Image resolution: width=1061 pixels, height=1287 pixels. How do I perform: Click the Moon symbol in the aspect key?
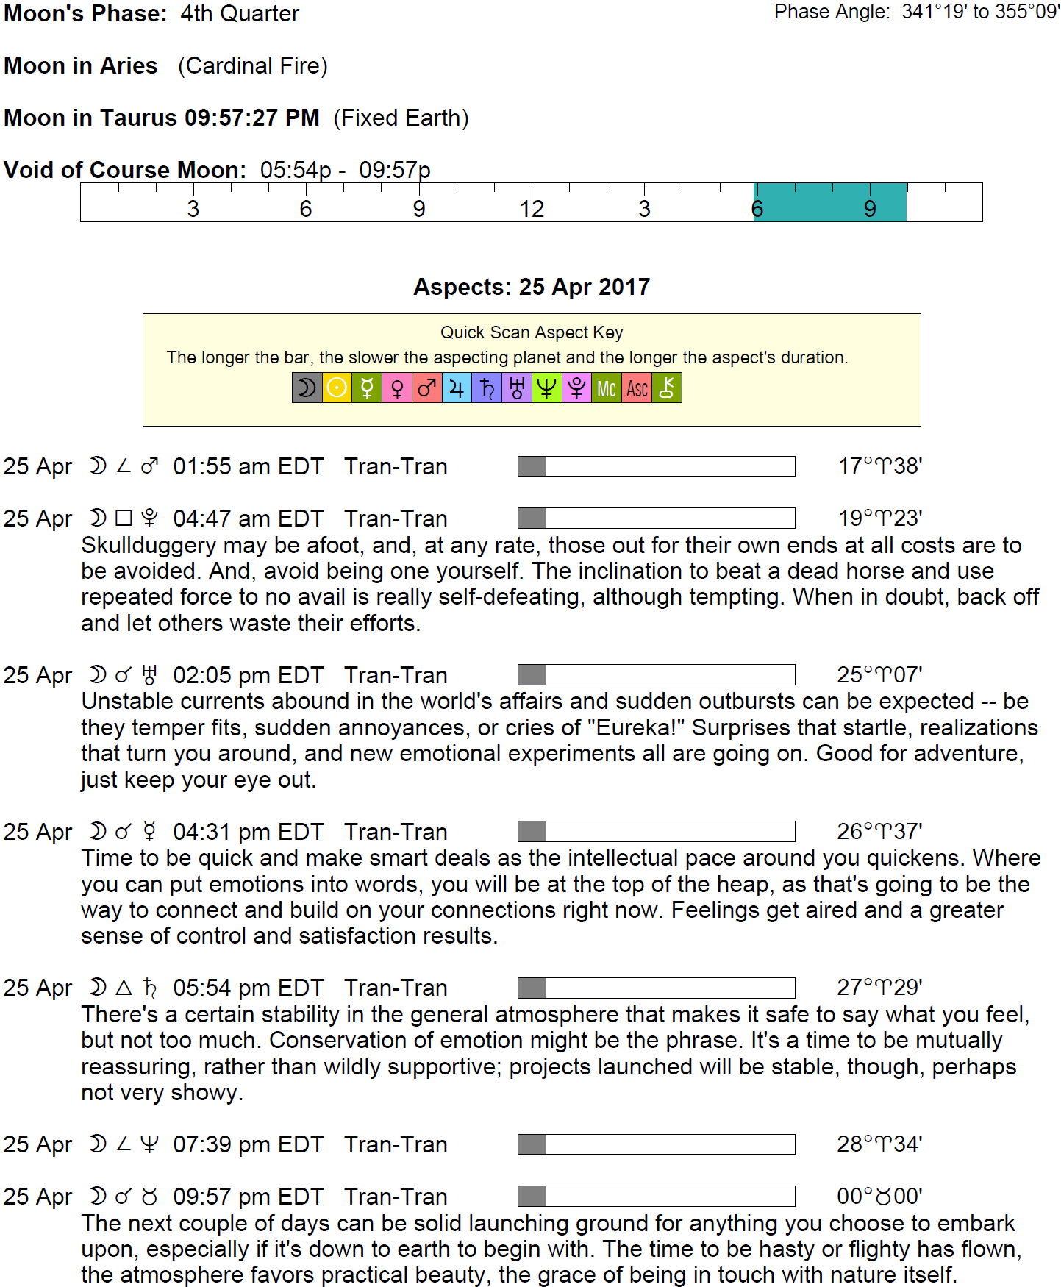click(307, 388)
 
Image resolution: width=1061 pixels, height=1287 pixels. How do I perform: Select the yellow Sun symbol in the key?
click(337, 388)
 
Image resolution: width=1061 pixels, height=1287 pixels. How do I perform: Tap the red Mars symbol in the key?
click(426, 388)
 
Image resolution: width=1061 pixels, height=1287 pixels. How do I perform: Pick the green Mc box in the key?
click(607, 388)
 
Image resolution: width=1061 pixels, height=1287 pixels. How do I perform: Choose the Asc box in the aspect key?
click(637, 388)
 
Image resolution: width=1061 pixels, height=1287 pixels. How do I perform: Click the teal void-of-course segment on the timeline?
click(829, 202)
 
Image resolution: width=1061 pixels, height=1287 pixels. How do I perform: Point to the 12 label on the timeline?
click(532, 210)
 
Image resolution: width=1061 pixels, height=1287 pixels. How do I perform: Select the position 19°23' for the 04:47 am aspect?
click(880, 518)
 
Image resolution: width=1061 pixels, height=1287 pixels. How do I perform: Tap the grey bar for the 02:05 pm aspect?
click(532, 674)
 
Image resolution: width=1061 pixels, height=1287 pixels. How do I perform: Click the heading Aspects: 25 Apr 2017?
click(531, 287)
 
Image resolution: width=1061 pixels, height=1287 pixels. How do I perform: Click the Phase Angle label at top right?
click(832, 12)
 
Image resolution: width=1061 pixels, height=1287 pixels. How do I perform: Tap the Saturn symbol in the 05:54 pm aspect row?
click(150, 988)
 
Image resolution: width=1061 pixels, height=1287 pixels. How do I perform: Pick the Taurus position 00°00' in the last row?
click(879, 1197)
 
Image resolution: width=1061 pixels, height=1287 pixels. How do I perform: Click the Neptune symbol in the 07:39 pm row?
click(149, 1144)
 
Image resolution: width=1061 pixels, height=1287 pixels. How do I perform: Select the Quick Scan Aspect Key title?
click(531, 332)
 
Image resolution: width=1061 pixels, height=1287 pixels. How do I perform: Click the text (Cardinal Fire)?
click(253, 65)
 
